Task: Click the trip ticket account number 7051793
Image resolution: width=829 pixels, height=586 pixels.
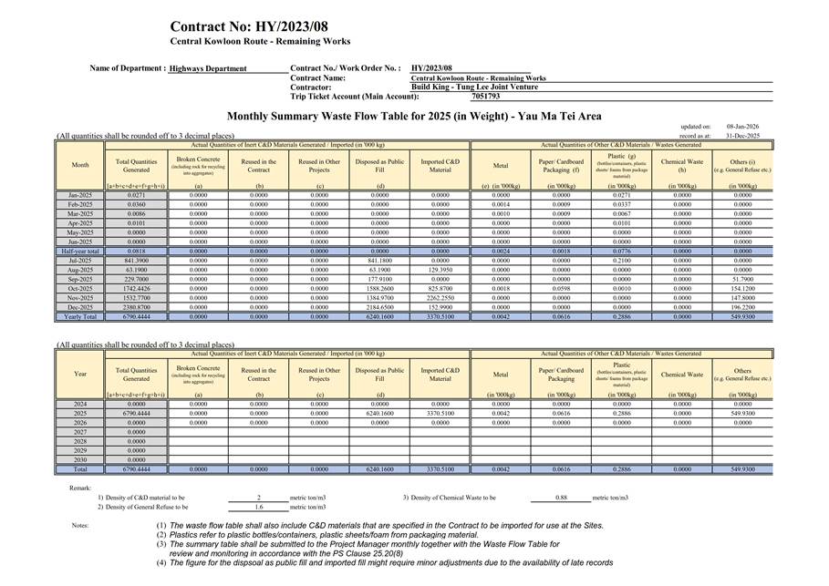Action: tap(486, 96)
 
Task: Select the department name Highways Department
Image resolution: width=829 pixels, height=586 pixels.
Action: tap(208, 68)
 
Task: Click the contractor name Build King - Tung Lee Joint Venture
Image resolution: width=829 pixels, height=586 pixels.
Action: tap(474, 87)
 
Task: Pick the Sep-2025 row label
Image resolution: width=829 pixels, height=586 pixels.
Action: tap(79, 279)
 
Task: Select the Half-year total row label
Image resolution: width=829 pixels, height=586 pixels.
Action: tap(79, 251)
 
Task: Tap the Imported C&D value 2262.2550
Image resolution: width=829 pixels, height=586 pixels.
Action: tap(440, 298)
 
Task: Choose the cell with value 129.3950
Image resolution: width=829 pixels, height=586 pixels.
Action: tap(440, 270)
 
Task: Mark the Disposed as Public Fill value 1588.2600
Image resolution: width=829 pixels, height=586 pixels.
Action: tap(379, 289)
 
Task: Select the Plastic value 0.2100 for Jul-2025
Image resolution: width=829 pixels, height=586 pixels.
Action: tap(621, 261)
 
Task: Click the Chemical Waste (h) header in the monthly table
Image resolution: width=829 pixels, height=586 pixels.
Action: tap(682, 165)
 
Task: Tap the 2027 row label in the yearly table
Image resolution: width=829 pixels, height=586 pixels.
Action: tap(79, 432)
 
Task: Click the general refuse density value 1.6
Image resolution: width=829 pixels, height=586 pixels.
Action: tap(259, 507)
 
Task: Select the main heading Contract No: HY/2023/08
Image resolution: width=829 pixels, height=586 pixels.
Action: tap(248, 26)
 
